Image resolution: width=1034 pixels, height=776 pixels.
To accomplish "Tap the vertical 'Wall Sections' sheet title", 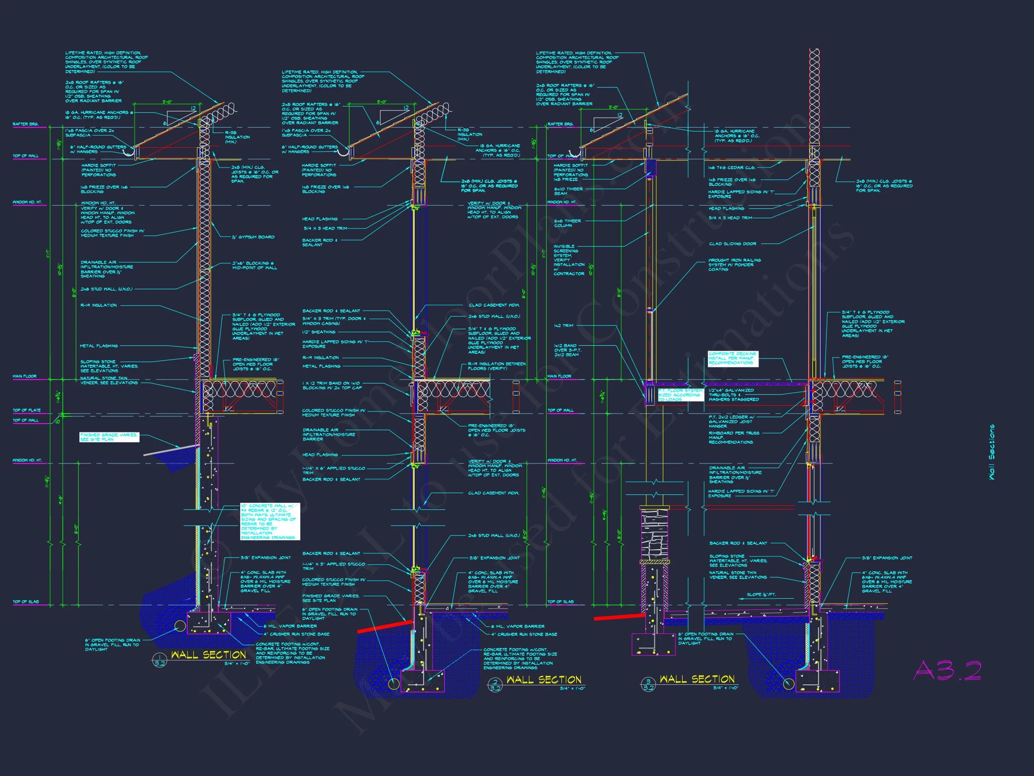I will (x=991, y=452).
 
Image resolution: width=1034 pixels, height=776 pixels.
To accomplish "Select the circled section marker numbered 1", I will (x=160, y=660).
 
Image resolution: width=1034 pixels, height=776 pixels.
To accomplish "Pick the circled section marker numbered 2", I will (x=495, y=685).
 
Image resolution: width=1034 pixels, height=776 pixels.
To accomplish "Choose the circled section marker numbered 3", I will (x=648, y=684).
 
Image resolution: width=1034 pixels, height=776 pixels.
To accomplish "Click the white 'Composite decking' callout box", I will (x=732, y=358).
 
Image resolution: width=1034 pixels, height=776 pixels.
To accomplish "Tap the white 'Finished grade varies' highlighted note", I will (x=109, y=437).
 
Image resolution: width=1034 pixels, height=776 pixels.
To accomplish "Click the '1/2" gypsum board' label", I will (x=254, y=237).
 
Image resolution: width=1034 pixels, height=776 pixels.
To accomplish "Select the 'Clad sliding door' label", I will (x=732, y=244).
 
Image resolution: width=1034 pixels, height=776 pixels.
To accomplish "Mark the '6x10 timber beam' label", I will (x=568, y=191).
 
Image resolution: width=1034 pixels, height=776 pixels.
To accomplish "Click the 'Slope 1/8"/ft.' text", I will (x=761, y=595).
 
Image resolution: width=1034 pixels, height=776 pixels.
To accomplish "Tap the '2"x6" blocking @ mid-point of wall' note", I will (x=254, y=265).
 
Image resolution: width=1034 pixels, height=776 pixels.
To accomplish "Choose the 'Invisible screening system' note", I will (x=569, y=260).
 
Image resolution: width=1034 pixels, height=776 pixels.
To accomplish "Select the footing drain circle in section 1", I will (x=180, y=626).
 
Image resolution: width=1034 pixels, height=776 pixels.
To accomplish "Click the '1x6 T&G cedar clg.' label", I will (x=732, y=168).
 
